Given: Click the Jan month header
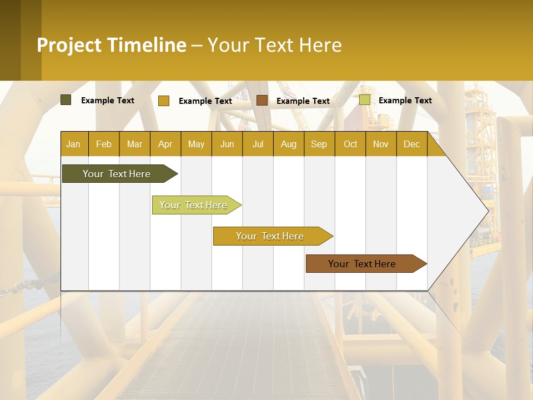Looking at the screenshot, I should [x=73, y=144].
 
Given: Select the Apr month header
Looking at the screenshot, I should [x=165, y=144].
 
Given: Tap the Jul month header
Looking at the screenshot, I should [x=258, y=144].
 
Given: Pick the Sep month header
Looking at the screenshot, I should [x=319, y=144].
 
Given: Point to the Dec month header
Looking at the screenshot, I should [x=411, y=144].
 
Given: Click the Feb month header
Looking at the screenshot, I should [x=104, y=144].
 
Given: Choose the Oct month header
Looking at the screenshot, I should [x=350, y=144].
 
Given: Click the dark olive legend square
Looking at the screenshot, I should [x=66, y=100].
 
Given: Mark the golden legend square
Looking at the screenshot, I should [x=164, y=101].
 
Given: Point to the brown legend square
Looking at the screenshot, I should [x=262, y=101].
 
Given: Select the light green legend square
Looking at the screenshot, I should [x=365, y=100].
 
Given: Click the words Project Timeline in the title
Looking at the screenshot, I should [x=111, y=45].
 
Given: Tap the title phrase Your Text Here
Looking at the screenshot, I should [x=274, y=45].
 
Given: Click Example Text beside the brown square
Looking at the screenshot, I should [x=303, y=101].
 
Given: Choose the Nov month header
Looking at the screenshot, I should [x=381, y=144].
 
